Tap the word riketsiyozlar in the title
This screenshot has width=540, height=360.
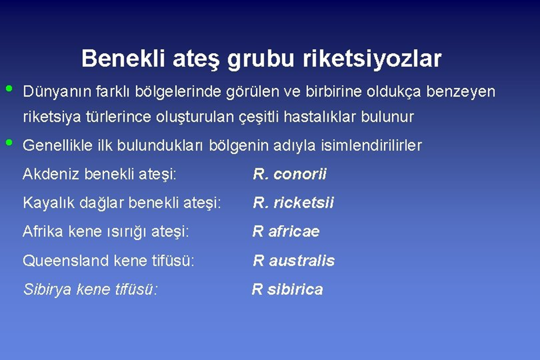tap(372, 58)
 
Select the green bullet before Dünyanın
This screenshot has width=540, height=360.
tap(9, 89)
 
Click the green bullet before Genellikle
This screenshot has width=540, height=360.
tap(9, 142)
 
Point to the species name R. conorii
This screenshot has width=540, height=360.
tap(290, 174)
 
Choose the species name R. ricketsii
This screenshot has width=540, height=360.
tap(293, 202)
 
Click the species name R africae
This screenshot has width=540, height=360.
tap(286, 231)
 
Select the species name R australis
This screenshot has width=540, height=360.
tap(294, 261)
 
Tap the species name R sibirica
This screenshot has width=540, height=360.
tap(287, 289)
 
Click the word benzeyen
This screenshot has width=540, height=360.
tap(461, 91)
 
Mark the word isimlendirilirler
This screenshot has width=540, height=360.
tap(371, 145)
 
